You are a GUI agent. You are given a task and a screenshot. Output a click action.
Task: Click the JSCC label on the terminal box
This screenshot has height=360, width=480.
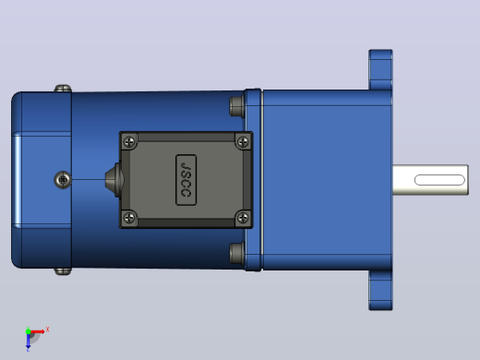[x=186, y=180]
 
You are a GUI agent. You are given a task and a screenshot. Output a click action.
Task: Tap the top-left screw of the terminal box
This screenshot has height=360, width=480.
[x=129, y=142]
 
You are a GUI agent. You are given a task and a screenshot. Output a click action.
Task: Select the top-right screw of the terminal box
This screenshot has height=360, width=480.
[x=243, y=142]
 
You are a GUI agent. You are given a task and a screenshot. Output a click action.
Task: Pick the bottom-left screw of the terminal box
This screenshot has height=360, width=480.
[x=129, y=218]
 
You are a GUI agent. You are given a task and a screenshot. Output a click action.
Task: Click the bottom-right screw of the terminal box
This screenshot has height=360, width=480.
[x=243, y=218]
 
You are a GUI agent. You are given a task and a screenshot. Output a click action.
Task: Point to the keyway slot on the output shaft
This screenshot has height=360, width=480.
[x=439, y=180]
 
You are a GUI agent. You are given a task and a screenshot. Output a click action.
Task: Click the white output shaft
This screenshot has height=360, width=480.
[x=430, y=180]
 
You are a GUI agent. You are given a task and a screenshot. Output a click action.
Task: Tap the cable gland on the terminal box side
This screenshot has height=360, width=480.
[x=114, y=180]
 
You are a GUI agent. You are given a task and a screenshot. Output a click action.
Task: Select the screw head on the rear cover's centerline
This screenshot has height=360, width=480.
[x=63, y=180]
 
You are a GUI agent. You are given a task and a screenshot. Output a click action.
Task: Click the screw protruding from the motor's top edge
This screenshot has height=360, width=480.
[x=63, y=89]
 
